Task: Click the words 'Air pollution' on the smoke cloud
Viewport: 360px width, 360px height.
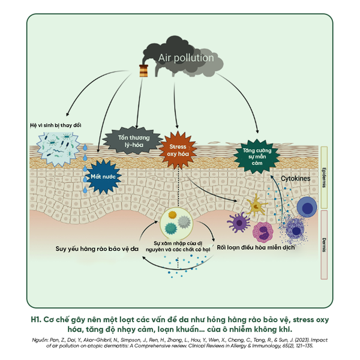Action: pos(185,58)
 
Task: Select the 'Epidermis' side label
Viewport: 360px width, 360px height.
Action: pos(324,178)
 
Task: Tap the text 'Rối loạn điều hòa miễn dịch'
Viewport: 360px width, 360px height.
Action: pos(256,247)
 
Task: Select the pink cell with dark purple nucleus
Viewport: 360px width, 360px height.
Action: pos(263,232)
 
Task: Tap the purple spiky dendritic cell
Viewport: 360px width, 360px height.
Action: pos(239,223)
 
